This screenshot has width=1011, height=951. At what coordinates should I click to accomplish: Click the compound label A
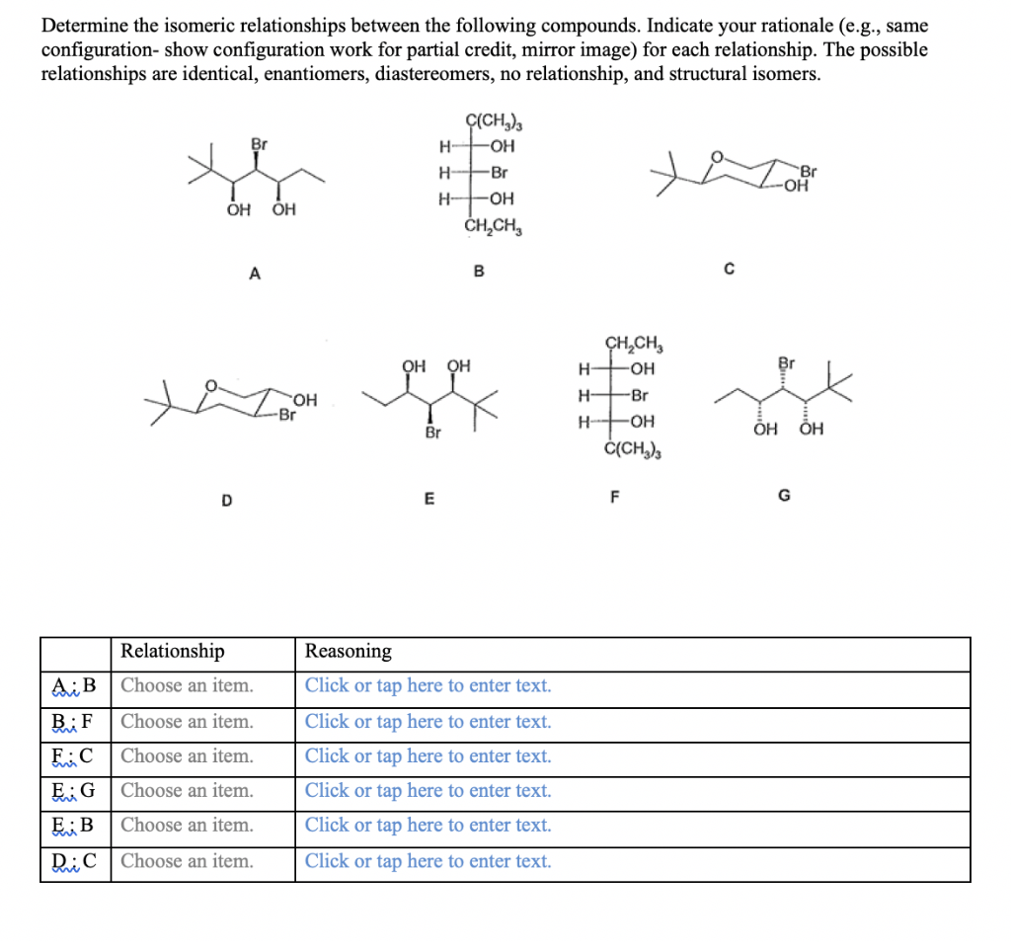click(x=254, y=276)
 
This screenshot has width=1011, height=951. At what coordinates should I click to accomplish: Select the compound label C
click(x=730, y=268)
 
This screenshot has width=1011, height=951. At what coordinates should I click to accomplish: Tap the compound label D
click(x=226, y=500)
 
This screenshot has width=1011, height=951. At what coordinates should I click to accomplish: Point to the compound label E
click(x=428, y=499)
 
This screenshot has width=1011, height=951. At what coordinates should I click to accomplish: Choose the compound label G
click(x=784, y=496)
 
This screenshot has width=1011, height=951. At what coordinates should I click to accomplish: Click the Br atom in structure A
click(x=259, y=144)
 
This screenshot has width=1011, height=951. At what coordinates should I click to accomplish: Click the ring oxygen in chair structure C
click(x=719, y=154)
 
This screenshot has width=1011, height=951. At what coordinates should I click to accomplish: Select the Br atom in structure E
click(x=431, y=433)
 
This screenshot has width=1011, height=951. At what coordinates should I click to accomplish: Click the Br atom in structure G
click(x=786, y=361)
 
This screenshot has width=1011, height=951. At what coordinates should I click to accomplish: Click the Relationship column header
click(x=172, y=651)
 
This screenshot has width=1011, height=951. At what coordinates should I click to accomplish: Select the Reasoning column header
click(x=348, y=651)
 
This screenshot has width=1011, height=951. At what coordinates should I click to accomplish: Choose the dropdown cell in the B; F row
click(x=187, y=721)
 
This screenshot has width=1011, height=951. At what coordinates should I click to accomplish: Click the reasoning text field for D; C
click(x=428, y=860)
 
